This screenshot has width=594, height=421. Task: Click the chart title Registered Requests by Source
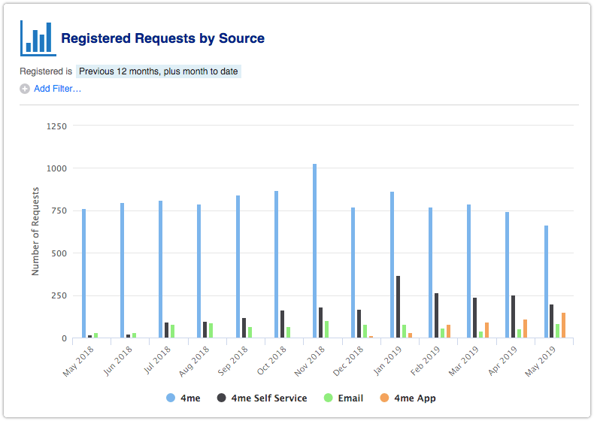coord(162,38)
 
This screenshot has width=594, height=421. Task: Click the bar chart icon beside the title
coord(38,38)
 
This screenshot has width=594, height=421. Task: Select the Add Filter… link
coord(57,89)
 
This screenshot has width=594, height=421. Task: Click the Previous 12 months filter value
coord(158,71)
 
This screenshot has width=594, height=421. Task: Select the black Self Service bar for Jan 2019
coord(398,307)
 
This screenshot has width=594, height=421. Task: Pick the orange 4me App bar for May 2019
coord(563,326)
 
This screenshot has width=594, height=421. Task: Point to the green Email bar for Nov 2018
coord(326,329)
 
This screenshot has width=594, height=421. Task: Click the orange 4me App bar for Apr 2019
coord(525,329)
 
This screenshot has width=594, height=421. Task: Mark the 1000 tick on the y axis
coord(56,168)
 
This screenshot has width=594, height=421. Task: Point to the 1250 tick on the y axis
coord(56,126)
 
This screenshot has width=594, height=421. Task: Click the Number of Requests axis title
coord(35,232)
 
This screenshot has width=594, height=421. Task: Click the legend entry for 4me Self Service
coord(262,398)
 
